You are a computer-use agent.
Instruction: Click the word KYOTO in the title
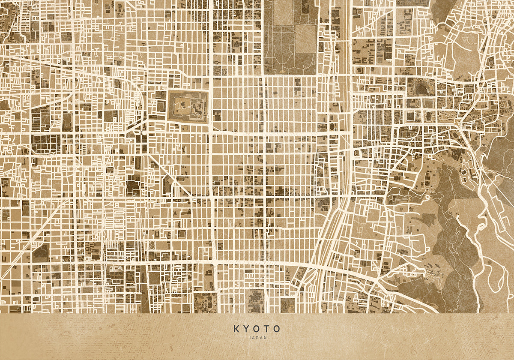tap(257, 329)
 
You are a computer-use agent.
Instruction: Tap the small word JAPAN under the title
tap(257, 338)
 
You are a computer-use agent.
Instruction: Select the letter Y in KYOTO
tap(247, 329)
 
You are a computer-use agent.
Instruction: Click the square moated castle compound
tap(189, 106)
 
